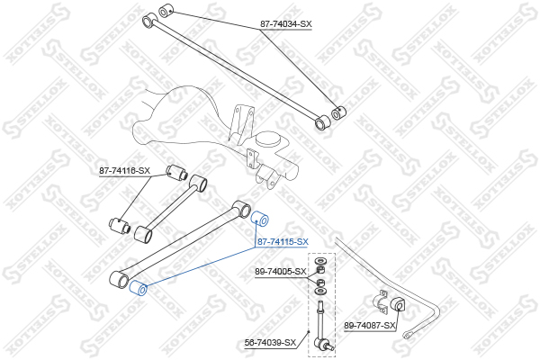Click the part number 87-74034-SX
[285, 24]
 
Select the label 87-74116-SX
[125, 170]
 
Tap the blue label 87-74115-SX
[283, 242]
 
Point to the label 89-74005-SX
[280, 272]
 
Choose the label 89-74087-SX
[370, 325]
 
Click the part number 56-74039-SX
[270, 343]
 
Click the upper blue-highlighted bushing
[260, 219]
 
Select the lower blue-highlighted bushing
[138, 288]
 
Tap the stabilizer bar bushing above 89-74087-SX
[399, 304]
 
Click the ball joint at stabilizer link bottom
[323, 344]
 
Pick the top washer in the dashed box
[319, 260]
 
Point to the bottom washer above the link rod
[319, 292]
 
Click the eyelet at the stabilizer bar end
[409, 334]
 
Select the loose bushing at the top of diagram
[166, 10]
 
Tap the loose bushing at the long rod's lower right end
[338, 112]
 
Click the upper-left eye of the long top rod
[149, 21]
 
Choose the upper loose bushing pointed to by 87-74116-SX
[176, 172]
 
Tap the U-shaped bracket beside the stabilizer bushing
[380, 301]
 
